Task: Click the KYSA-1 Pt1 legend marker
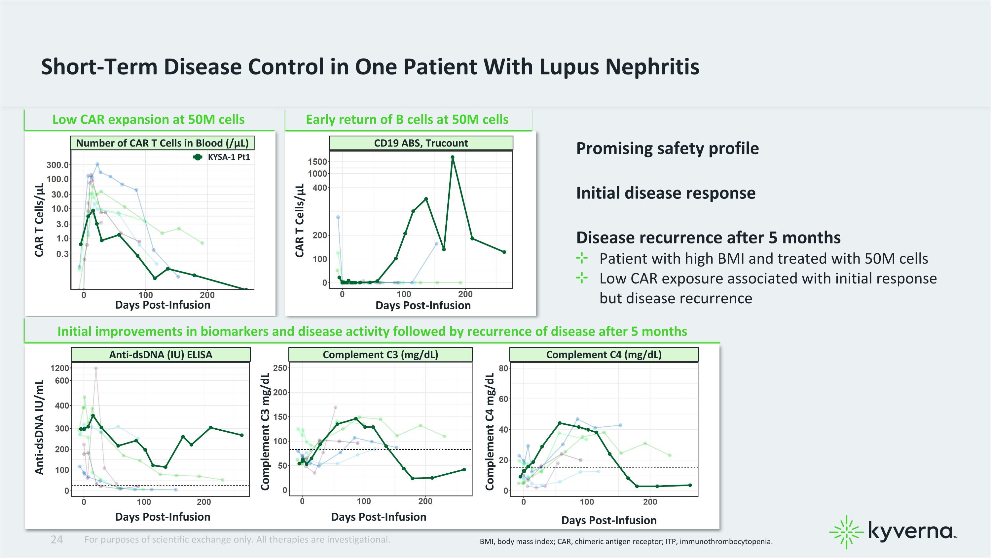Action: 198,157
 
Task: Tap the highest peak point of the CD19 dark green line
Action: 453,157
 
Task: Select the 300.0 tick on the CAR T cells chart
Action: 58,165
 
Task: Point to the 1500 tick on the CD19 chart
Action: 317,162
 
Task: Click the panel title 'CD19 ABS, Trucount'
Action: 421,143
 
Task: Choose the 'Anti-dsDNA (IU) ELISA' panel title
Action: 161,355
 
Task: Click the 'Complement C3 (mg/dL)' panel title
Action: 381,355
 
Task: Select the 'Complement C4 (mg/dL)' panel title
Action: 604,355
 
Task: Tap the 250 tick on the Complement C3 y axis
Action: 280,368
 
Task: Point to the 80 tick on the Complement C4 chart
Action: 503,368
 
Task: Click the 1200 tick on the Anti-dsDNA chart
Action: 60,368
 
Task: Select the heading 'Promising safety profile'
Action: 668,149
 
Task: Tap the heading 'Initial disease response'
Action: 666,193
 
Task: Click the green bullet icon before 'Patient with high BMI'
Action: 582,258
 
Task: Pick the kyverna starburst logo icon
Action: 846,532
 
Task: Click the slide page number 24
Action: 56,539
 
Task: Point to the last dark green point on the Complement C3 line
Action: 464,469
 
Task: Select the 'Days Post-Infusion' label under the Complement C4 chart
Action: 609,520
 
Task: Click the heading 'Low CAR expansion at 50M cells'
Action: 149,120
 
